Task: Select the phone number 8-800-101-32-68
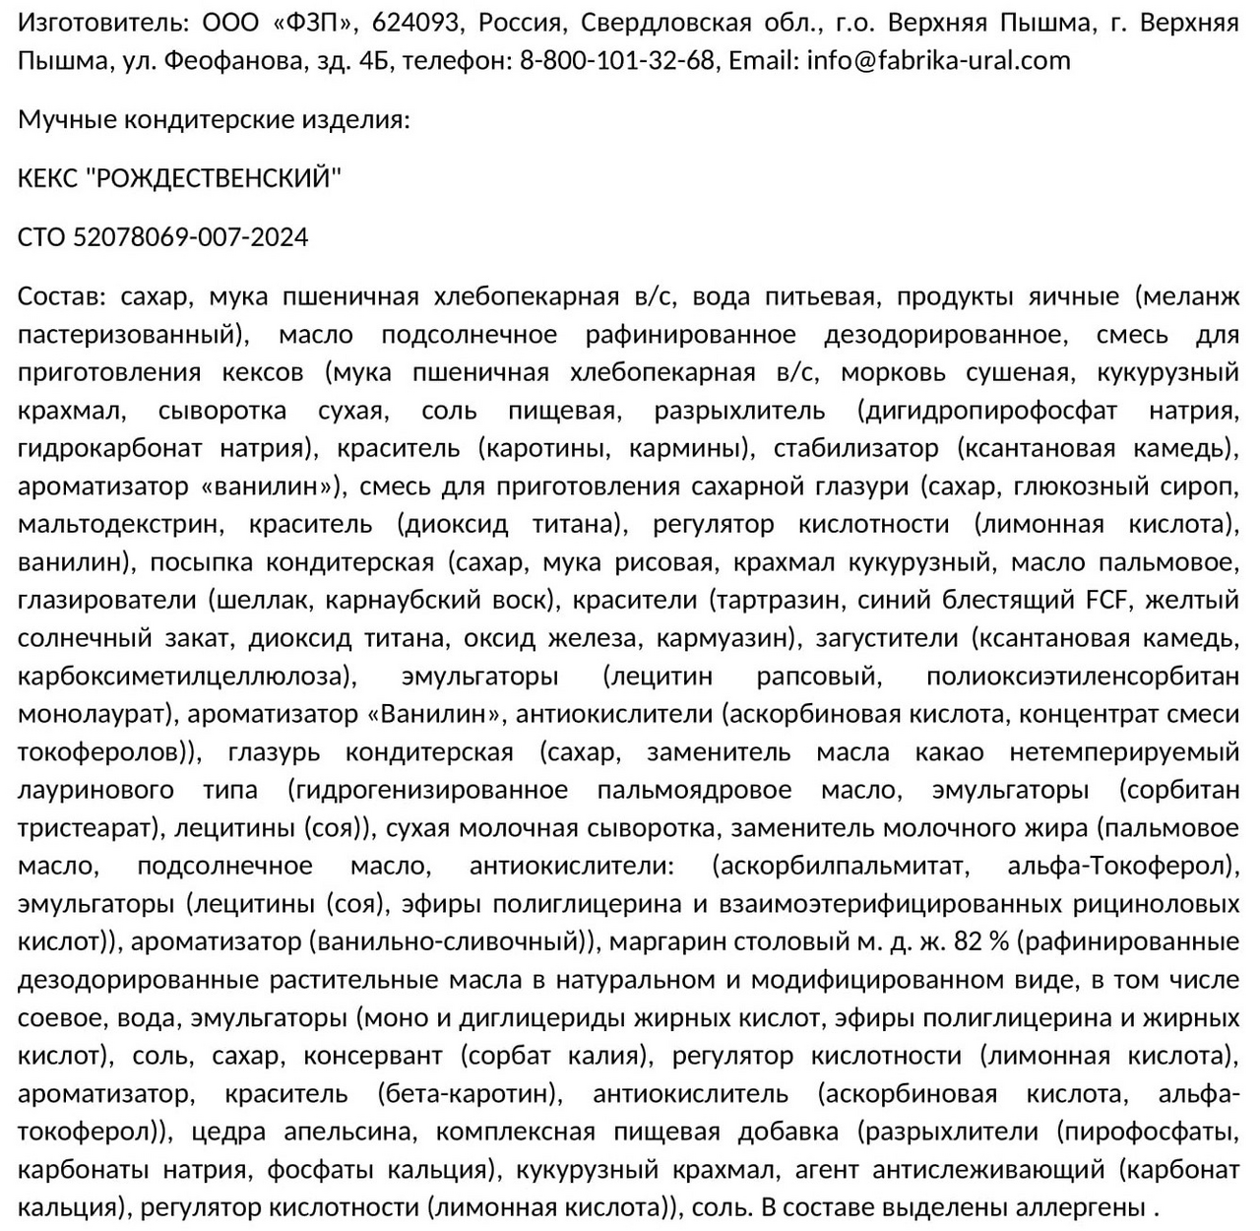tap(616, 61)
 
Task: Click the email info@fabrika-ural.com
tap(938, 61)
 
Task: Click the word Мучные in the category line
tap(65, 120)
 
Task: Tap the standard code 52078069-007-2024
tap(190, 238)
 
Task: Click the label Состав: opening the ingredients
tap(61, 296)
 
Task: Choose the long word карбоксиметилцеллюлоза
tap(184, 677)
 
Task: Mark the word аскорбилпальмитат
tap(841, 867)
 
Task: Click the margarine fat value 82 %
tap(981, 942)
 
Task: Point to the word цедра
tap(228, 1133)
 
